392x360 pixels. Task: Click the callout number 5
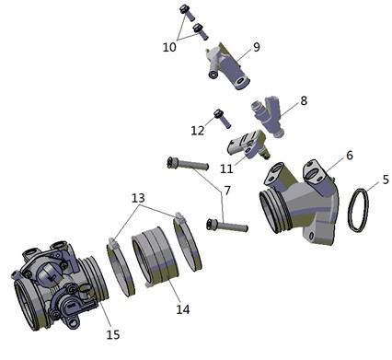tap(386, 180)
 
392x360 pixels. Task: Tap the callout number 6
tap(350, 156)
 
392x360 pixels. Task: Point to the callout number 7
tap(227, 191)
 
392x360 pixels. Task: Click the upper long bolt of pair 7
tap(188, 164)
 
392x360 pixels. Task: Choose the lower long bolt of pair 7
tap(227, 226)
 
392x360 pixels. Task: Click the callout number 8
tap(304, 100)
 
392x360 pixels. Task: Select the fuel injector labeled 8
tap(269, 117)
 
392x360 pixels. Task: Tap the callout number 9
tap(257, 47)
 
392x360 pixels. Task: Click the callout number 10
tap(169, 47)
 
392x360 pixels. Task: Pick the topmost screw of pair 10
tap(187, 13)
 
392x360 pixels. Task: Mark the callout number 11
tap(226, 168)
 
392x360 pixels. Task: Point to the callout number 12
tap(198, 131)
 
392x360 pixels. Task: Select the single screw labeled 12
tap(222, 119)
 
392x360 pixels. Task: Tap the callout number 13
tap(138, 198)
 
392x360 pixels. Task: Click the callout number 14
tap(183, 309)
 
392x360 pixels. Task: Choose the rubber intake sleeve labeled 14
tap(155, 258)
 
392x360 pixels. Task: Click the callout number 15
tap(113, 334)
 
